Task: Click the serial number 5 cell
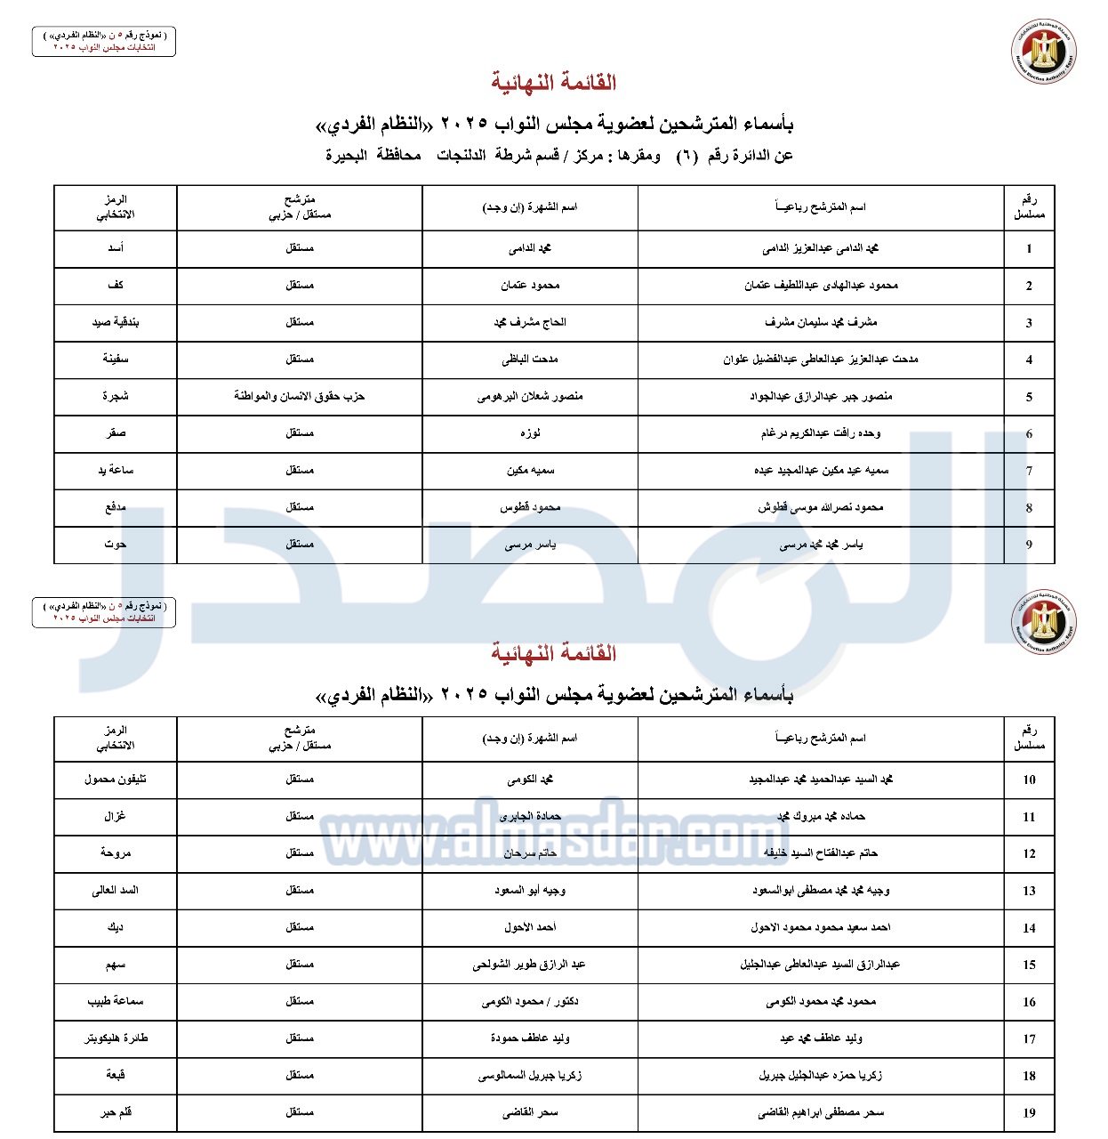pos(1029,397)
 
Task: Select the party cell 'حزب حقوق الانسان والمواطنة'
pos(300,396)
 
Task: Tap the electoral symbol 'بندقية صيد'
pos(116,322)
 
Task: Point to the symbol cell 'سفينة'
pos(116,359)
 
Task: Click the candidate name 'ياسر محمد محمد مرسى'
pos(821,545)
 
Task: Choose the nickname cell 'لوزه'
pos(530,433)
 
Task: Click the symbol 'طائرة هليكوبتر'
pos(116,1038)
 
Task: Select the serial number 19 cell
pos(1029,1112)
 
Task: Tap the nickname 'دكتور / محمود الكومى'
pos(530,1001)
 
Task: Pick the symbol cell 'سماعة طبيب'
pos(116,1001)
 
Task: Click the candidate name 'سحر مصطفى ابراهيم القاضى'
pos(821,1112)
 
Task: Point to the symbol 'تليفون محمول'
pos(116,779)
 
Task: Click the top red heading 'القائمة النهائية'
pos(554,83)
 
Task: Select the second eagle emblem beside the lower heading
pos(1043,621)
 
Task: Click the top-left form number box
pos(104,41)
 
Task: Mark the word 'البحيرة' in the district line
pos(347,156)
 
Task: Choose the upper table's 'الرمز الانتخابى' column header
pos(116,207)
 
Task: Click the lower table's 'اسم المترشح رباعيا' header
pos(821,739)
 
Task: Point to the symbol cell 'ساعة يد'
pos(116,470)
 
